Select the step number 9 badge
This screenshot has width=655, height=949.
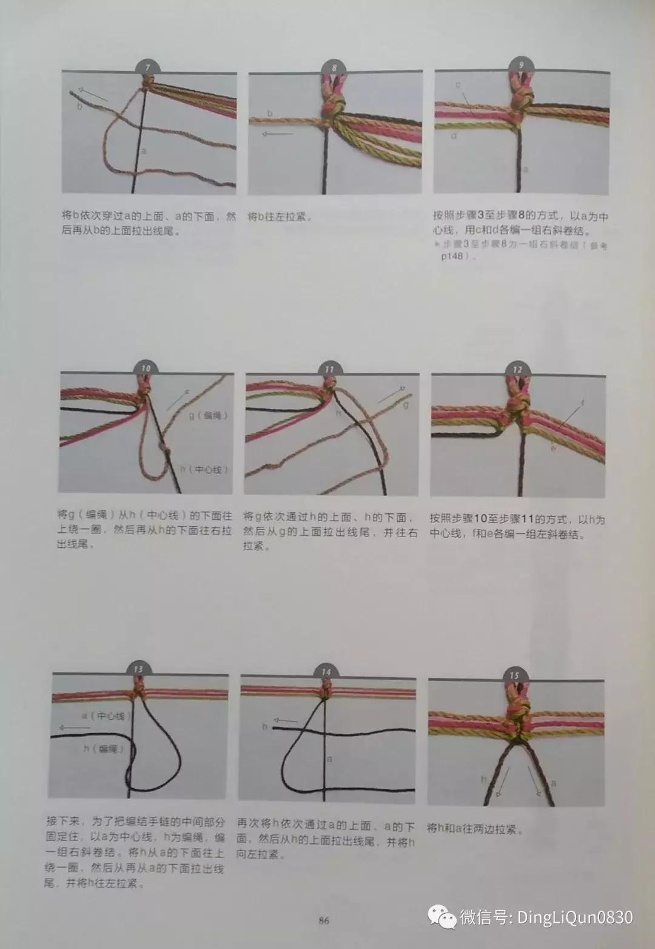(521, 65)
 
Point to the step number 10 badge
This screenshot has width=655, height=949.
(146, 368)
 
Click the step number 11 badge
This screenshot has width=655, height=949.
(329, 369)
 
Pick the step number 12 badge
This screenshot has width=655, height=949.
(517, 370)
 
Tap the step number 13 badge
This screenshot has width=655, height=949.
(139, 669)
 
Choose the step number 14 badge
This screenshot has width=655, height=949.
(326, 672)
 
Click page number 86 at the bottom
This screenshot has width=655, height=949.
(324, 920)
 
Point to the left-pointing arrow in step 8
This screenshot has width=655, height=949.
(277, 135)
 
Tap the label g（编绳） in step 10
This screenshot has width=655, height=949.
(208, 415)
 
